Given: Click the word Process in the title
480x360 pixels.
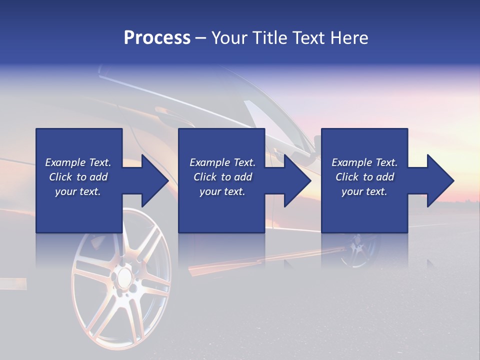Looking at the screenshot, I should coord(157,38).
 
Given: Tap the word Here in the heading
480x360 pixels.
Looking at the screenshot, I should coord(349,38).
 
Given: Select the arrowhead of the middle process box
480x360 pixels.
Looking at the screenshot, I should coord(297,180).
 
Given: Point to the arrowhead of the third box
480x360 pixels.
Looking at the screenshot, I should coord(440,180).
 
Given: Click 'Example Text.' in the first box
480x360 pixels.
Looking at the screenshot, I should coord(78,162).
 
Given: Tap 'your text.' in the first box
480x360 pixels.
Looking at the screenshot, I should coord(78,191).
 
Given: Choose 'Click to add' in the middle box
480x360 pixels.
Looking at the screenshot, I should coord(222,177).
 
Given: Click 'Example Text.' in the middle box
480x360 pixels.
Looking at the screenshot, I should coord(222,162).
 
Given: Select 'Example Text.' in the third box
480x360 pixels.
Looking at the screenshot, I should coord(364,162).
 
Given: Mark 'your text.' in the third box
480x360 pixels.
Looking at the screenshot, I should coord(364,191).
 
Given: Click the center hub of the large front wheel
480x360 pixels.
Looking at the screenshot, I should coord(121,276).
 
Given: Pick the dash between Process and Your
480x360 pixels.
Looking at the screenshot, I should coord(200,38).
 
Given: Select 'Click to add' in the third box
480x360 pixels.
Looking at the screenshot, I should coord(364,177).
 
